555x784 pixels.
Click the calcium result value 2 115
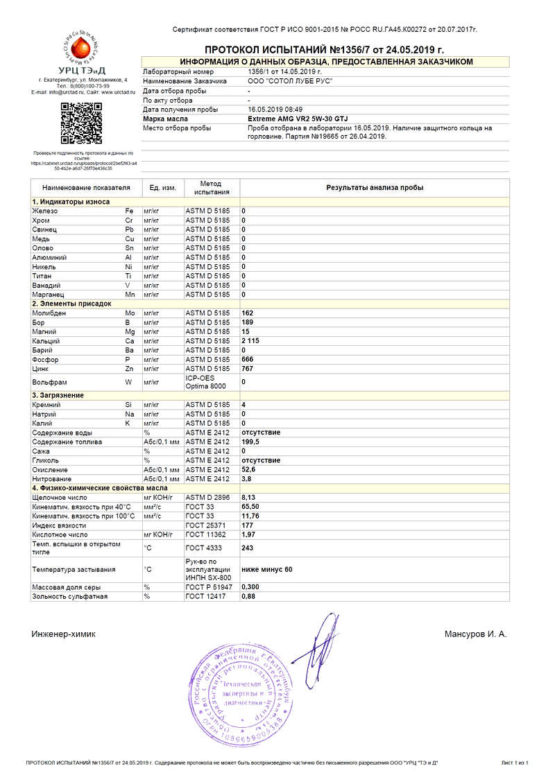pyautogui.click(x=250, y=341)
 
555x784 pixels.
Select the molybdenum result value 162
pyautogui.click(x=247, y=313)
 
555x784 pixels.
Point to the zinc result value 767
pyautogui.click(x=247, y=369)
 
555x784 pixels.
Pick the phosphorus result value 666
pyautogui.click(x=247, y=360)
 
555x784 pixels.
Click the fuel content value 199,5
pyautogui.click(x=250, y=442)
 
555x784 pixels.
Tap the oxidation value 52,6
pyautogui.click(x=248, y=469)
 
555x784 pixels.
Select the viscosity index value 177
pyautogui.click(x=247, y=525)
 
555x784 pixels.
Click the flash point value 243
pyautogui.click(x=247, y=548)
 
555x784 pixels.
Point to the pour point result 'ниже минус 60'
pyautogui.click(x=267, y=569)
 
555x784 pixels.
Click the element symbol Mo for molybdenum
pyautogui.click(x=130, y=313)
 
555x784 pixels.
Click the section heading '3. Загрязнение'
pyautogui.click(x=58, y=395)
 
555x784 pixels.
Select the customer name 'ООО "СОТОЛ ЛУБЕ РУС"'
pyautogui.click(x=289, y=81)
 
